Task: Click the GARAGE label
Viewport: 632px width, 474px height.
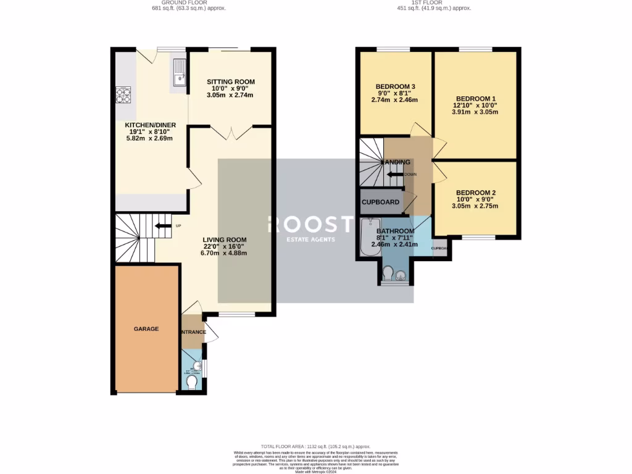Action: click(146, 329)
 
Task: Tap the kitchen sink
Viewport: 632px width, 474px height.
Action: click(180, 72)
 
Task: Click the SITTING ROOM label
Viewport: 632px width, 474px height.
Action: click(230, 82)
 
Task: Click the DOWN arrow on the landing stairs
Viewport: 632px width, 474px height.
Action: click(394, 175)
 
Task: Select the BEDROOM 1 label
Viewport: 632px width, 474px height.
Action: click(475, 99)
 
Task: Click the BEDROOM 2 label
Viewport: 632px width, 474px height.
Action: click(475, 193)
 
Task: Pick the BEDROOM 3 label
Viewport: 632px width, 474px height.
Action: click(395, 86)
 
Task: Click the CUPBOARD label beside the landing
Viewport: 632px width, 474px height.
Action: click(380, 202)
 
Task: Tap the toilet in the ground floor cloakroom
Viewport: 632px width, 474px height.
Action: click(191, 383)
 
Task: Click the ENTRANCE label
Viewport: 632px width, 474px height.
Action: click(193, 333)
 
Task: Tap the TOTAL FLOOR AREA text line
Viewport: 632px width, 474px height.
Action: click(315, 446)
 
